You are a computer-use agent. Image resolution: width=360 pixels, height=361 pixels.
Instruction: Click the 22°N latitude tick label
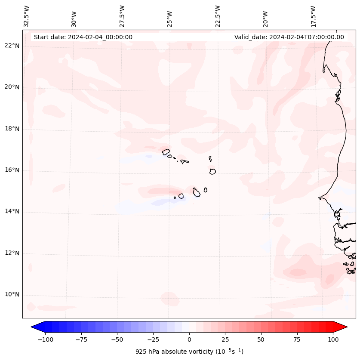tap(12, 46)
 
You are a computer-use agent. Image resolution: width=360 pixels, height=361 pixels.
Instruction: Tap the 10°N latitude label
tap(12, 295)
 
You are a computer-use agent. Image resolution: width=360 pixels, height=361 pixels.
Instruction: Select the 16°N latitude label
tap(12, 170)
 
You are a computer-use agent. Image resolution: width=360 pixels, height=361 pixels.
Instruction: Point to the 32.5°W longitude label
tap(27, 16)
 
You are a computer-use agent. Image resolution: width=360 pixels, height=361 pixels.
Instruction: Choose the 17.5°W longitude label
tap(313, 16)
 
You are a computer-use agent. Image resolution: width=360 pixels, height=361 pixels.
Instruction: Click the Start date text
tap(83, 37)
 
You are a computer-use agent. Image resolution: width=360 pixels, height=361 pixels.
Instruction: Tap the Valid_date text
tap(289, 37)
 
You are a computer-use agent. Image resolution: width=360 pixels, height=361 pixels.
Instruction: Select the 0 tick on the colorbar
tap(189, 339)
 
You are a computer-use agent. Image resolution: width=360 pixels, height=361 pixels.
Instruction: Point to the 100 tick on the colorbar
tap(333, 339)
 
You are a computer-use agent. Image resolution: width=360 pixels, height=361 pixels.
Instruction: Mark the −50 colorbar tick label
tap(117, 339)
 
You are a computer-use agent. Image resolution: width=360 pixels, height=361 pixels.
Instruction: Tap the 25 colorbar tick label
tap(225, 339)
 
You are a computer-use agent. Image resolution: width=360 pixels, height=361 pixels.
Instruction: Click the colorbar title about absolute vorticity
tap(189, 352)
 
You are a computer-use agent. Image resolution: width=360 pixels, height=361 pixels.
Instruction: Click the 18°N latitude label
tap(12, 129)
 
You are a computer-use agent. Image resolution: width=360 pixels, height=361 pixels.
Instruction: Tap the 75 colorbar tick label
tap(297, 339)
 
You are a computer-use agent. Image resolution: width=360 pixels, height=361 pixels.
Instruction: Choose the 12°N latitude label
tap(12, 253)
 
